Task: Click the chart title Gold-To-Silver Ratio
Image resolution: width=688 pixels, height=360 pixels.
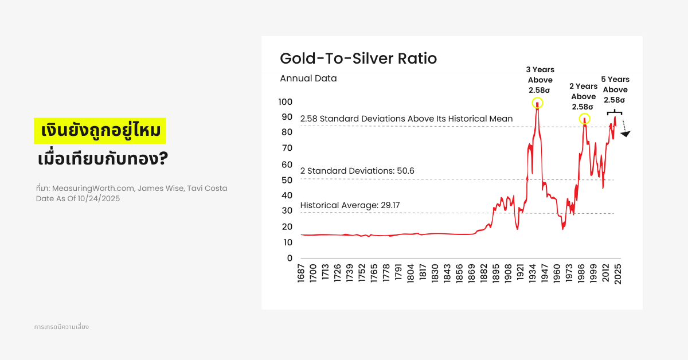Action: coord(358,58)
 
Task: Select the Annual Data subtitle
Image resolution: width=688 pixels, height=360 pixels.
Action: coord(308,79)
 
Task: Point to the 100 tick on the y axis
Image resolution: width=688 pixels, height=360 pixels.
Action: coord(285,102)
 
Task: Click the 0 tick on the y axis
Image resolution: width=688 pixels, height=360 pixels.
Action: coord(289,258)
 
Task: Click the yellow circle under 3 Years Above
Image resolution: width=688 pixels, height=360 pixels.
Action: coord(537,103)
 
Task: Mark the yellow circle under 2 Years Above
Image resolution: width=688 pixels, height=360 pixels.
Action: coord(584,119)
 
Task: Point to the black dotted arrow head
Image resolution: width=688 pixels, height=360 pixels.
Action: coord(626,134)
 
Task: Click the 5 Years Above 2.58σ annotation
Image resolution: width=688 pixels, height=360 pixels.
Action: coord(615,89)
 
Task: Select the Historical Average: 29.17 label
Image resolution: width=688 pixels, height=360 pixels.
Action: coord(342,205)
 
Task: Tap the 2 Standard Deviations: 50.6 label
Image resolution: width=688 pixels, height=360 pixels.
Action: coord(357,171)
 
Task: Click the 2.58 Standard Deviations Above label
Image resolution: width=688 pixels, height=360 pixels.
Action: coord(406,119)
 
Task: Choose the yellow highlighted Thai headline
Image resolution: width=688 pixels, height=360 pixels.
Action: coord(100,131)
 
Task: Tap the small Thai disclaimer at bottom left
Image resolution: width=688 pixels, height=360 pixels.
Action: coord(61,327)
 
